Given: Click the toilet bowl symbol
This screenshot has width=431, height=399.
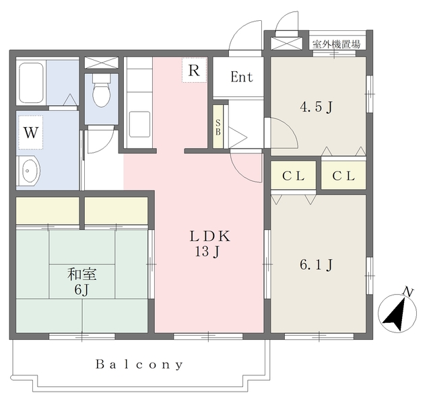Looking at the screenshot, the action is (x=102, y=91).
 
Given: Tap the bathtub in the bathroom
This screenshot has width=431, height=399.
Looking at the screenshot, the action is (x=32, y=83).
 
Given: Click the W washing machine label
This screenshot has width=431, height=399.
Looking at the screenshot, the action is (x=30, y=133).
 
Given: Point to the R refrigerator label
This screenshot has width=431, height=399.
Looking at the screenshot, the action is (x=194, y=70).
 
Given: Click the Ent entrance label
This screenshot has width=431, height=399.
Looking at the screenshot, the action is (x=242, y=77).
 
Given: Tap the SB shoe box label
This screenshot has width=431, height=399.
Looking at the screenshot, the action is (x=218, y=127).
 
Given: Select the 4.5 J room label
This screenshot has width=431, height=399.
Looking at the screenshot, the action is (x=317, y=106).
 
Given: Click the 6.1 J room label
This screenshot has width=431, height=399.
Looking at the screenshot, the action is (x=317, y=264).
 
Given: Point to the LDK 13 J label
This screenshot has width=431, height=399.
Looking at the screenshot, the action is (x=209, y=244).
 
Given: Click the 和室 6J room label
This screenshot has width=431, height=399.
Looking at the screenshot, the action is (x=82, y=282).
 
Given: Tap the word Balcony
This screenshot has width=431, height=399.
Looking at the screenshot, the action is (x=139, y=365).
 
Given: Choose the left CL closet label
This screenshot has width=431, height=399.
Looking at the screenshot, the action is (x=294, y=176).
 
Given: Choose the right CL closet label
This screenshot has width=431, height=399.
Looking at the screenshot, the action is (x=343, y=176).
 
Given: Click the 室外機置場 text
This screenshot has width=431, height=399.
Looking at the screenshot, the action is (x=336, y=44).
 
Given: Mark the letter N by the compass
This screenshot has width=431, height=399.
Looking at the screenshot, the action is (x=409, y=291).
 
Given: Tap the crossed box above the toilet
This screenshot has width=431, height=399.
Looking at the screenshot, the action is (x=102, y=63).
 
